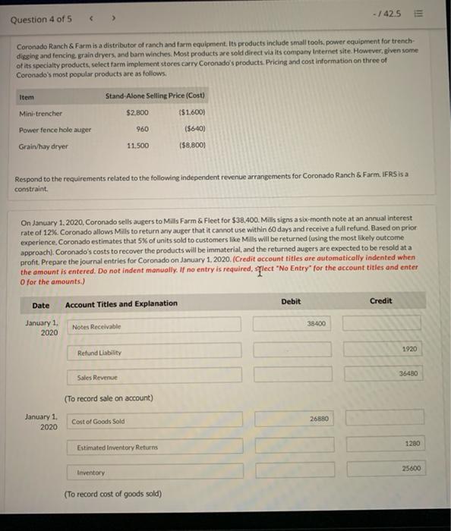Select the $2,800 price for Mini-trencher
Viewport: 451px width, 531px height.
[x=137, y=113]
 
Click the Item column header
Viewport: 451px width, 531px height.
[x=27, y=96]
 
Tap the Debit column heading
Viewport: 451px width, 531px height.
[x=291, y=302]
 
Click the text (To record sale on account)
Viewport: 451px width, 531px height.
[x=109, y=398]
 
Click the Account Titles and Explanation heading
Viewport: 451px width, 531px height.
[x=121, y=304]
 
